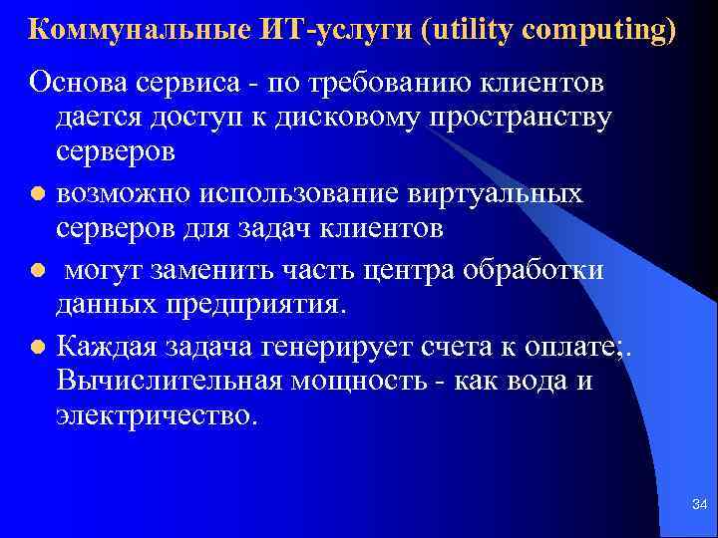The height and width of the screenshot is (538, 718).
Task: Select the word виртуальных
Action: (489, 192)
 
